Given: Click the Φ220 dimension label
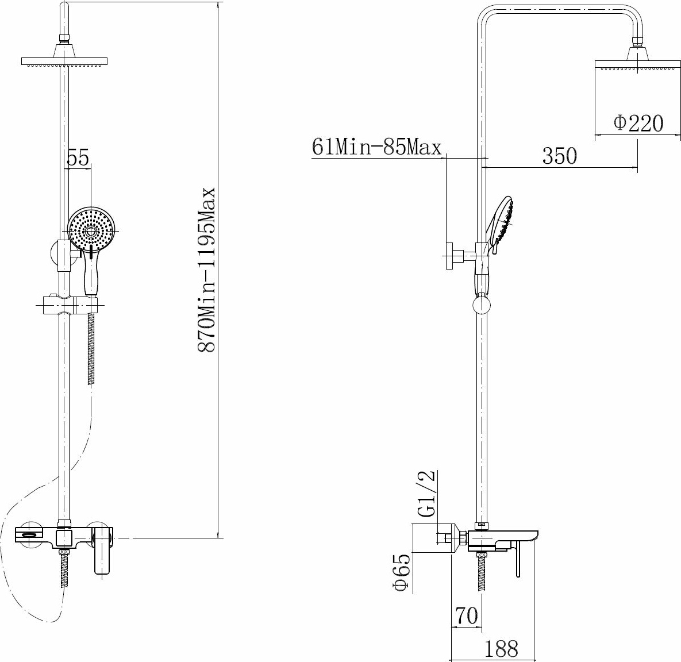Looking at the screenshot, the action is tap(638, 124).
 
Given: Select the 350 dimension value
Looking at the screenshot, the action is tap(560, 156).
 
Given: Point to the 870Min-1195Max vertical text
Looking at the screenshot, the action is tap(207, 270).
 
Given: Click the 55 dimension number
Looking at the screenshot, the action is tap(78, 157).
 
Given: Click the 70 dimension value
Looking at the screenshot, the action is tap(467, 615).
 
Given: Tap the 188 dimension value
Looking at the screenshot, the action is tap(501, 649).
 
